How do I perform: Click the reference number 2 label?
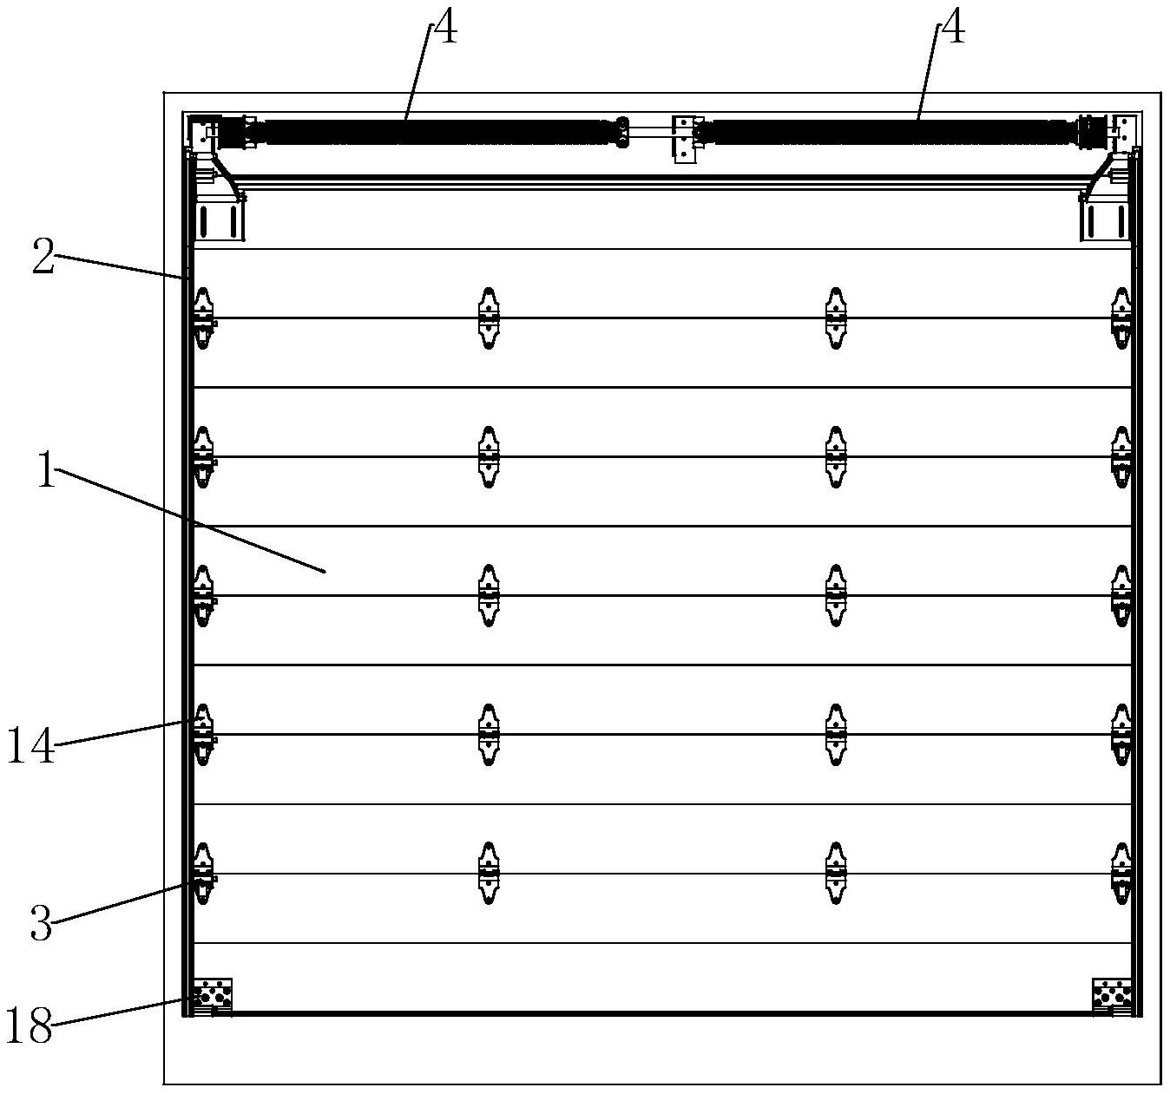(x=43, y=259)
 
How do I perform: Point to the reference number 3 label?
(x=42, y=924)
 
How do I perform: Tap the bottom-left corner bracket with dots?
(x=214, y=997)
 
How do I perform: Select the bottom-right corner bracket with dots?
(x=1112, y=997)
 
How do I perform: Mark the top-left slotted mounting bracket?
(x=219, y=221)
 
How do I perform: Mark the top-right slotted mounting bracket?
(x=1105, y=221)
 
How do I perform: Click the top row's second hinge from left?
(x=489, y=318)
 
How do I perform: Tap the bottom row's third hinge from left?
(x=835, y=873)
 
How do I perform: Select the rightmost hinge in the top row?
(x=1121, y=318)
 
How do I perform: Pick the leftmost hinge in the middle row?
(x=204, y=596)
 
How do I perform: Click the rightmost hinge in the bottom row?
(x=1121, y=873)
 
